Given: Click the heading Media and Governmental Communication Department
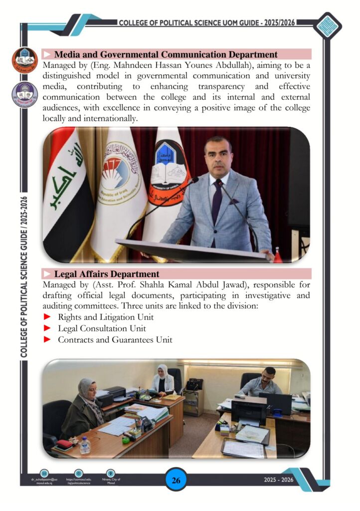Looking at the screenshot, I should [x=166, y=54].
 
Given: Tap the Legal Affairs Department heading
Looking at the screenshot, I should [x=107, y=274].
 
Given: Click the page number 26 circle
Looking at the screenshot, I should [x=176, y=481].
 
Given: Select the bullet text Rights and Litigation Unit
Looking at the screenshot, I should [x=106, y=317].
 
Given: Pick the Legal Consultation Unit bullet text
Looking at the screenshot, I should [x=102, y=328].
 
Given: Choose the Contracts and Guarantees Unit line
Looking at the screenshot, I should [x=115, y=340].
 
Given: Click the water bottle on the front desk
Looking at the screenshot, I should [x=85, y=445].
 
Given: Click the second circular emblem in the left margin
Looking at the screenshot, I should [x=25, y=95].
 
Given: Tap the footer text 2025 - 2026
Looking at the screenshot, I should [x=279, y=480].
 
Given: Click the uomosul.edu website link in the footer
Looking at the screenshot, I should [x=79, y=481].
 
